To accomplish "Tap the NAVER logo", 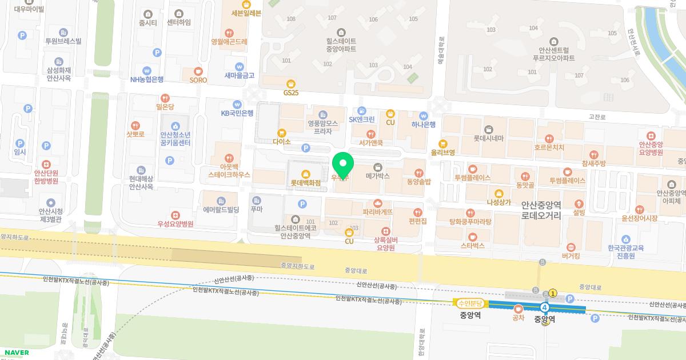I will (x=15, y=353).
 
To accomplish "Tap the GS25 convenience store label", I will (x=291, y=93).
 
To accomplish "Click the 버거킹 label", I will (x=571, y=256).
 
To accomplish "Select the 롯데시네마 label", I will (x=488, y=138).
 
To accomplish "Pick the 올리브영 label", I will (x=443, y=153).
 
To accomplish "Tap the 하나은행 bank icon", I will (x=424, y=115).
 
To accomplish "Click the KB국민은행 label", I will (x=237, y=113).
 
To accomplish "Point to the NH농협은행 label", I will (x=147, y=79).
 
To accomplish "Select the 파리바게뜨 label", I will (x=377, y=211).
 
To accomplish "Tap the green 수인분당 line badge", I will (x=469, y=303).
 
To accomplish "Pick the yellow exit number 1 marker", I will (x=553, y=293).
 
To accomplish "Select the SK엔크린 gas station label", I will (x=362, y=119).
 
